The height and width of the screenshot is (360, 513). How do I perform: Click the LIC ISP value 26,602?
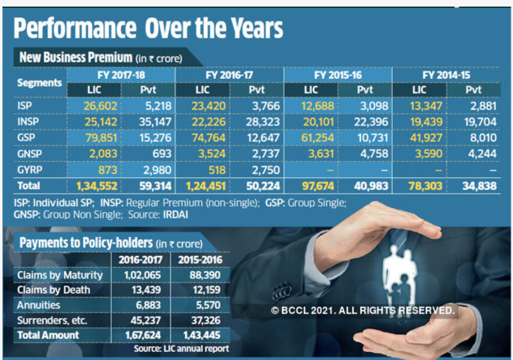click(x=100, y=106)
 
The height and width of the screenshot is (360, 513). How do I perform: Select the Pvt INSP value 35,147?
click(x=155, y=122)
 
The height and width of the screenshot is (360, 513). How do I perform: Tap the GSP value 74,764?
click(x=208, y=138)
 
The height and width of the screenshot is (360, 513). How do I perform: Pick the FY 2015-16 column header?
click(x=338, y=75)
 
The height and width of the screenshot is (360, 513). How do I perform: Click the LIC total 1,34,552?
click(x=97, y=186)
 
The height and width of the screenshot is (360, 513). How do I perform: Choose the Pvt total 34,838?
click(x=479, y=186)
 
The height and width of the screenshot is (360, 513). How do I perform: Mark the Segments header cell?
click(x=39, y=83)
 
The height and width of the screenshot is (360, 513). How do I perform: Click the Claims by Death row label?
click(x=53, y=290)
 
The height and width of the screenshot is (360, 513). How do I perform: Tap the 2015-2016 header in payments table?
click(x=200, y=260)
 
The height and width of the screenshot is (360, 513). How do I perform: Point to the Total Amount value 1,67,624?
click(x=143, y=335)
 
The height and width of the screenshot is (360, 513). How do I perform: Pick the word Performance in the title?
click(x=75, y=29)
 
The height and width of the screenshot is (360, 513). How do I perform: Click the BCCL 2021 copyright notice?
click(x=363, y=310)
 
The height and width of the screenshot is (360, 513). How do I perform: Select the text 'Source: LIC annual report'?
click(x=181, y=348)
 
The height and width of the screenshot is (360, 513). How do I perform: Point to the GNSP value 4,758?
click(x=371, y=154)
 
